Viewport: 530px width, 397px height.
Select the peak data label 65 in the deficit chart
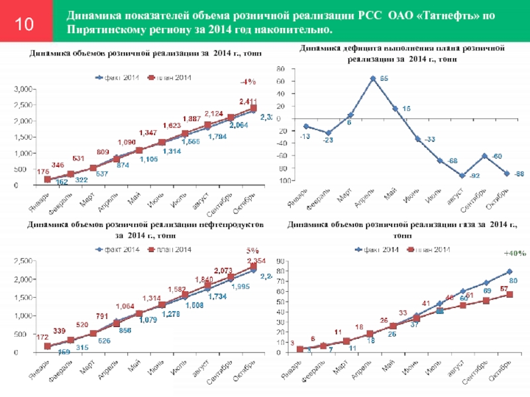(x=384, y=79)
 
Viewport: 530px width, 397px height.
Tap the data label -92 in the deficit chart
(x=456, y=175)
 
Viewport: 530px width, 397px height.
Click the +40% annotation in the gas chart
(x=514, y=253)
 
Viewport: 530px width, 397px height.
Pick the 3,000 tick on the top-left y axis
(x=25, y=89)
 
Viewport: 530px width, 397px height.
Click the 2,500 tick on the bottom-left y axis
(x=25, y=262)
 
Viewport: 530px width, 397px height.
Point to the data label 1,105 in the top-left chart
(x=147, y=159)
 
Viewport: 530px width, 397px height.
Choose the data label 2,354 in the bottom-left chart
(x=256, y=261)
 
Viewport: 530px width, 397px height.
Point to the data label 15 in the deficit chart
(x=406, y=109)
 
